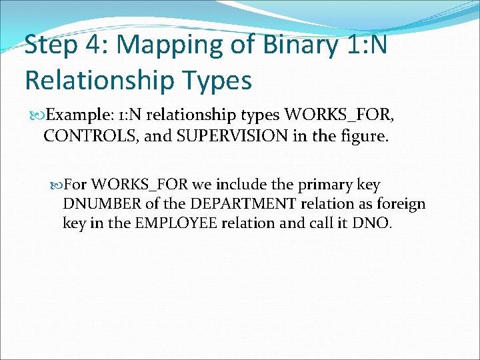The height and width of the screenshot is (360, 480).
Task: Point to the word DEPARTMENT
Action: [x=233, y=203]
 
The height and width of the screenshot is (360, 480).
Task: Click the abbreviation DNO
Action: [x=374, y=223]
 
